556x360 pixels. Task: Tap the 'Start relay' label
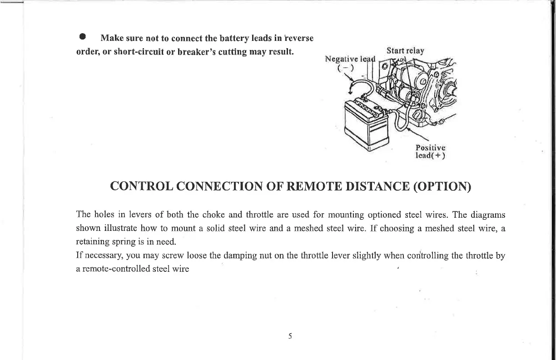pyautogui.click(x=405, y=50)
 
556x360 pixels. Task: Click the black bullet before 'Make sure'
pyautogui.click(x=82, y=37)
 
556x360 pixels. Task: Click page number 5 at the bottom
pyautogui.click(x=290, y=337)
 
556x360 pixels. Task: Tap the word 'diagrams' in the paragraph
pyautogui.click(x=488, y=215)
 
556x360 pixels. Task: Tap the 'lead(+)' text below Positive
pyautogui.click(x=431, y=156)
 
